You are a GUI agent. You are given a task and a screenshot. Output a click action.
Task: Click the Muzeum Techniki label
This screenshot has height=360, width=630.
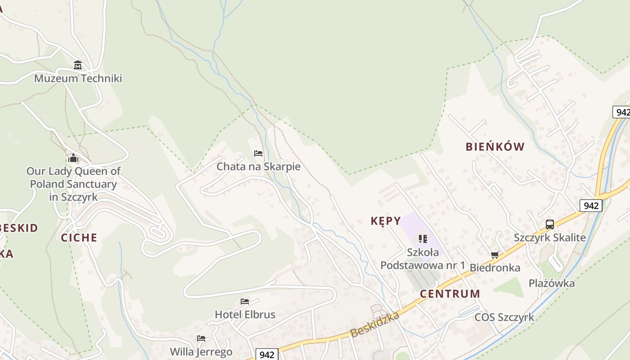pos(78,78)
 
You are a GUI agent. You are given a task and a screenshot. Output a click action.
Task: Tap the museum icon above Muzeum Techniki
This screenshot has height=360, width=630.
pos(78,66)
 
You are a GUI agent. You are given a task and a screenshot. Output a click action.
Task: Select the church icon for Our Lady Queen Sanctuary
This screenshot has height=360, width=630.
pos(73,158)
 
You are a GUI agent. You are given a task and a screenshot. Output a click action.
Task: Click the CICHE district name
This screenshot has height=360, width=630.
pos(79,238)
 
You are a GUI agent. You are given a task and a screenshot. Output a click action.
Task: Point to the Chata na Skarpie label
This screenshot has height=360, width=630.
pos(258,166)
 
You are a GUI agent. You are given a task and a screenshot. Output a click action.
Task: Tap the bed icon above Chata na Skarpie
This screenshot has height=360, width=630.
pos(258,153)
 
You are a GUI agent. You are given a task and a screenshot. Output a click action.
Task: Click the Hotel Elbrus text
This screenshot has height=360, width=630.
pos(245,314)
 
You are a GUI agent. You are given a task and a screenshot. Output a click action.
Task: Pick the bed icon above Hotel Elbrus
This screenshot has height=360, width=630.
pos(245,301)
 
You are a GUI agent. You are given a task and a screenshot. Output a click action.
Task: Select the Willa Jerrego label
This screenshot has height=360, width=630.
pos(201,351)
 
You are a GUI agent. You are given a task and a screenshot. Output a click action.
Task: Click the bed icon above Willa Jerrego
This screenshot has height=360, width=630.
pos(201,338)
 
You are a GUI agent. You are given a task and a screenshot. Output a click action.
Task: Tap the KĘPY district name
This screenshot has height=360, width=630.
pos(386,221)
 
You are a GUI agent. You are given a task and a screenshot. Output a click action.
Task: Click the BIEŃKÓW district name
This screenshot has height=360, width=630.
pos(495,147)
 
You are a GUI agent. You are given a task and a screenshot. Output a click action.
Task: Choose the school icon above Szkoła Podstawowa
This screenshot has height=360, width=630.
pos(423,238)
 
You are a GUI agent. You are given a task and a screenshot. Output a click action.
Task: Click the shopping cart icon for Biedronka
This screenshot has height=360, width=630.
pos(495,255)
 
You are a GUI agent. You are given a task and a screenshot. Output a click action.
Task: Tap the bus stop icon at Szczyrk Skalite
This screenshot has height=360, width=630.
pos(550,224)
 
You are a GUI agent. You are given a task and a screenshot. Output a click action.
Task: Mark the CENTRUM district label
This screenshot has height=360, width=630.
pos(450,294)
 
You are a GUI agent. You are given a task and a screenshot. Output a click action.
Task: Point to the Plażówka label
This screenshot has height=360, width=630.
pos(552,283)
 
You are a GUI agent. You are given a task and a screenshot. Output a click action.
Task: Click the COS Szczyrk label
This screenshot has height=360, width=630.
pos(504,317)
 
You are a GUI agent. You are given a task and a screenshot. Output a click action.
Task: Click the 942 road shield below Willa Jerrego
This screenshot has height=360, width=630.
pos(267,355)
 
